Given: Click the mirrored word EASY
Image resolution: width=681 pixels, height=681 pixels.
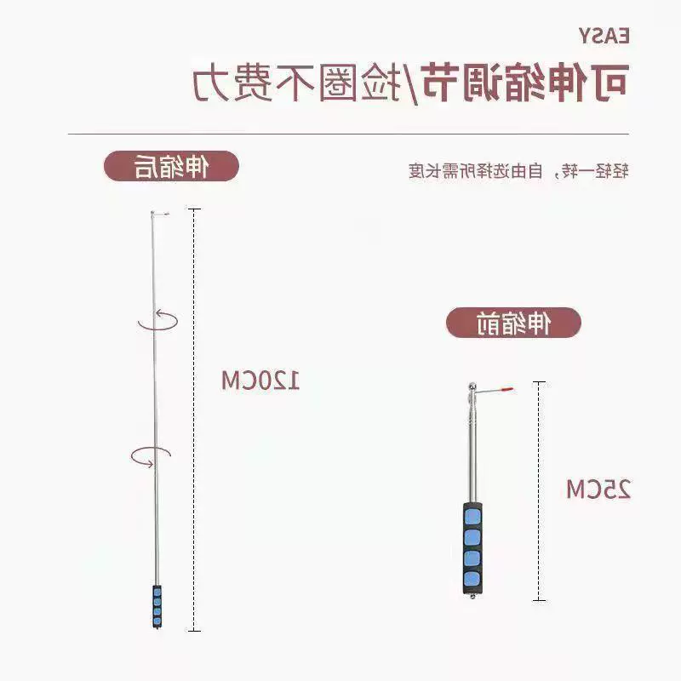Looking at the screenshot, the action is pos(604,36).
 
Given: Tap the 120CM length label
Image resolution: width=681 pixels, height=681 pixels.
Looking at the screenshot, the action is pos(260,381).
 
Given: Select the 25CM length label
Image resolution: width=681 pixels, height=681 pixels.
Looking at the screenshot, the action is pos(598,489).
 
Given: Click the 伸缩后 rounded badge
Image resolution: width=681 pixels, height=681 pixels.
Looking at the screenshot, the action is pos(171,166).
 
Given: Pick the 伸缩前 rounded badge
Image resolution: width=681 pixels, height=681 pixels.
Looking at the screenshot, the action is pos(513,323).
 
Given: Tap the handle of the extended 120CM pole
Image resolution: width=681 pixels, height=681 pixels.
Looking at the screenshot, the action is pos(157,607).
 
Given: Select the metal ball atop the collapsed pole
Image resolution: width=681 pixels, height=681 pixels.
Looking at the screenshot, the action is pos(472,386).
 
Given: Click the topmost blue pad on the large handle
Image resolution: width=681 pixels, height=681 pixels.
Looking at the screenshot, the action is pos(472,517).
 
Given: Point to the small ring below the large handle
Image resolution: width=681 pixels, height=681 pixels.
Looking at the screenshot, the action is pos(472,597).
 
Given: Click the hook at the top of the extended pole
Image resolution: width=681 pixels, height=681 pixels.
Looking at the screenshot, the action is pos(160,214).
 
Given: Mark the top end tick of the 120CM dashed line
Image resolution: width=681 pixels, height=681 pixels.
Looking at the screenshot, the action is pos(194,209).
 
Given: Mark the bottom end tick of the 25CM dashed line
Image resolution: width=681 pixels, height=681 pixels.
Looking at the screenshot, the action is pos(539,600).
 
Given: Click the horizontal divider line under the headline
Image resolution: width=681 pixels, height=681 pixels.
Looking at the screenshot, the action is pos(348,134).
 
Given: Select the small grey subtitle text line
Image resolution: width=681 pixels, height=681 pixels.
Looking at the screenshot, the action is pos(518,171).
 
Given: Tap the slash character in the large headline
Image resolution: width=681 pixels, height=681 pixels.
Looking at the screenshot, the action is pos(409,83).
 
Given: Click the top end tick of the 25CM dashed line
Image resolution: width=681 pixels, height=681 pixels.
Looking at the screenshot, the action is pos(539,382).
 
